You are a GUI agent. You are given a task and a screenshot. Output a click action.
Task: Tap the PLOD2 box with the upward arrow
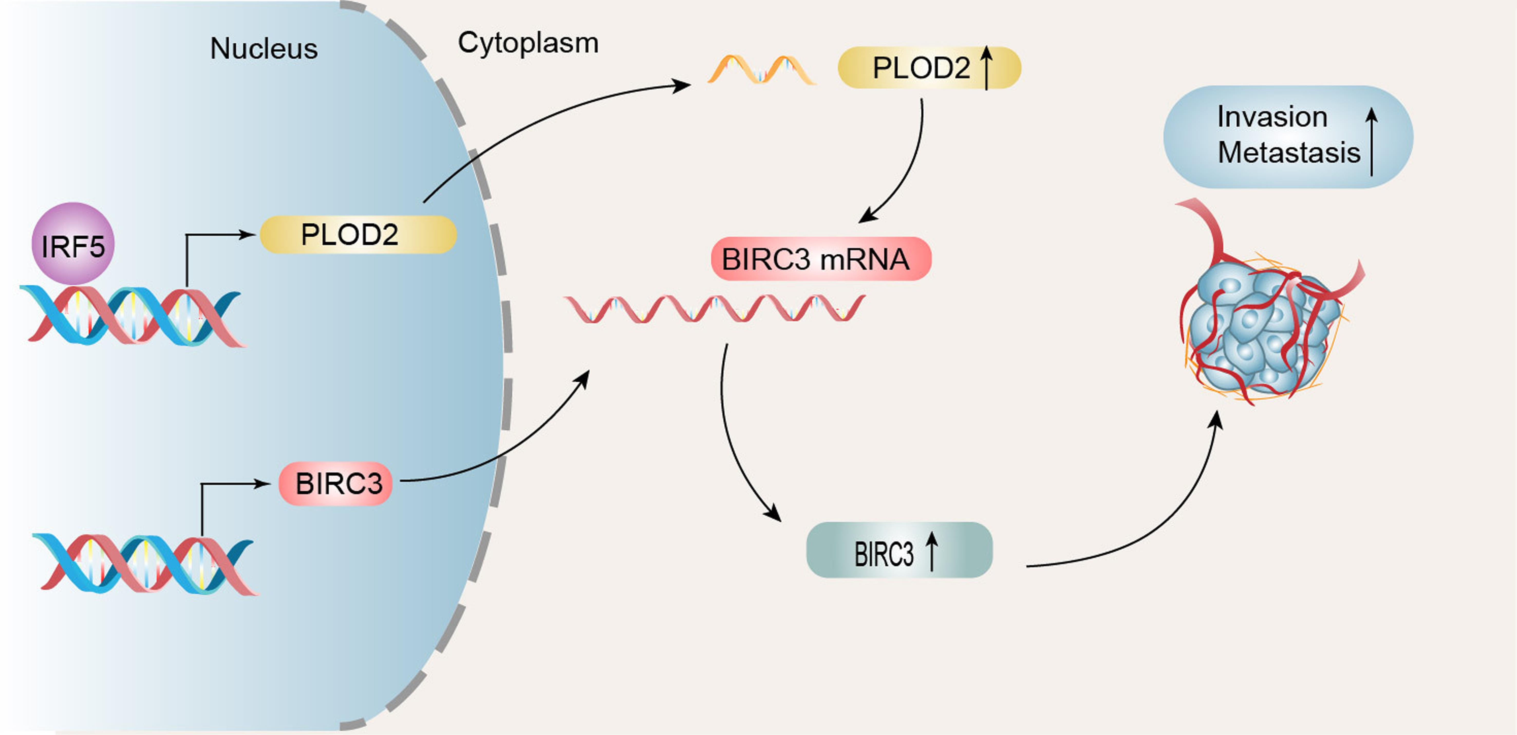click(929, 68)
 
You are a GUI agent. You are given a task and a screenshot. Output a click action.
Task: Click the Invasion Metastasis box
click(1288, 137)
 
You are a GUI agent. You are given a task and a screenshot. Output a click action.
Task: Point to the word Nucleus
click(264, 48)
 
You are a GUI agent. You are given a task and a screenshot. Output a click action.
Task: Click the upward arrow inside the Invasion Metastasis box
click(1372, 141)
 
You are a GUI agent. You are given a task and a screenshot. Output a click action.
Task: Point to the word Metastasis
click(1288, 153)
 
